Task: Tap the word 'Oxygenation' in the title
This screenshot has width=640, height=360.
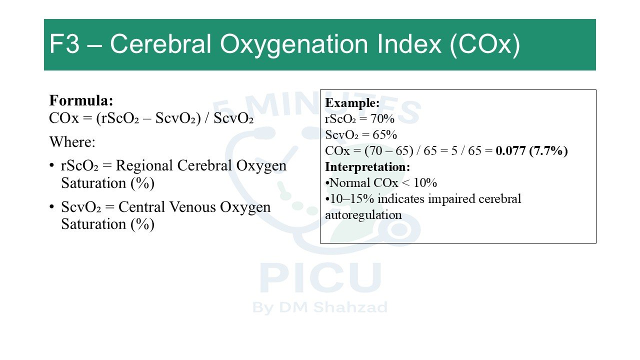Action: coord(293,45)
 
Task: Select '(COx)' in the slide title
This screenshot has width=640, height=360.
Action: coord(484,45)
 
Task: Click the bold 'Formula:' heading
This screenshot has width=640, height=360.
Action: coord(81,100)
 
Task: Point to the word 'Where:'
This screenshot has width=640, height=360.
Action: coord(72,141)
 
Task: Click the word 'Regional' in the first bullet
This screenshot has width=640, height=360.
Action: coord(145,165)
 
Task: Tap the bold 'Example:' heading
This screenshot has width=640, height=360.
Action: coord(352,102)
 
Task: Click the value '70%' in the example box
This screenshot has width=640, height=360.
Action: coord(382,118)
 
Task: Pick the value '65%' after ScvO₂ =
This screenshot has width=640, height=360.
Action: coord(384,134)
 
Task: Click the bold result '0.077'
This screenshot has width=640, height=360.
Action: coord(510,150)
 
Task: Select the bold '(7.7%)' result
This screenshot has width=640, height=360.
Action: coord(548,151)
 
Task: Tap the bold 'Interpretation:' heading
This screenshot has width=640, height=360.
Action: coord(367,167)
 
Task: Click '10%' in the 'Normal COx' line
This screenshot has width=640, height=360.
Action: coord(425,182)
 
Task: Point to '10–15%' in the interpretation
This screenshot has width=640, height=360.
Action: coord(351,198)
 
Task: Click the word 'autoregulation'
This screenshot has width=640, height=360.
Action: coord(363,215)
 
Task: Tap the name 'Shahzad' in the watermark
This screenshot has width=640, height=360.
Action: coord(350,307)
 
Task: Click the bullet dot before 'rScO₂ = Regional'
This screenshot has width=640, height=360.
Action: coord(51,165)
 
